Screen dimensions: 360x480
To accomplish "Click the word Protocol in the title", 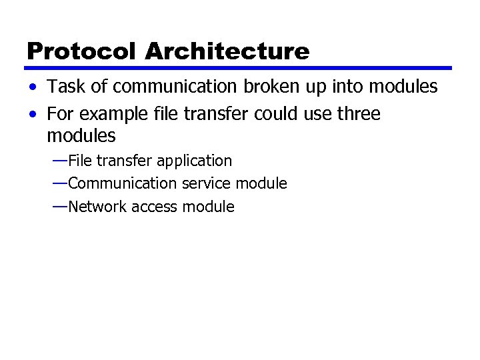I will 82,51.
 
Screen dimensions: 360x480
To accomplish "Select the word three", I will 357,114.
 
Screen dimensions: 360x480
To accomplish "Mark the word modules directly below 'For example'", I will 81,137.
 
